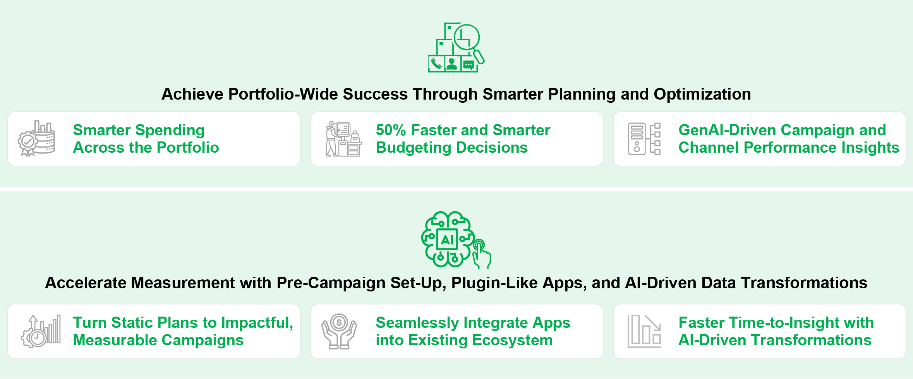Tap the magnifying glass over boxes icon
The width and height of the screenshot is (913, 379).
(x=456, y=47)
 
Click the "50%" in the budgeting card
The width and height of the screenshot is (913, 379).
(x=391, y=130)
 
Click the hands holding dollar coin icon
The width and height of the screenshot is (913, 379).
(x=339, y=331)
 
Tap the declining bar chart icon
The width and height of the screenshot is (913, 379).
(x=644, y=331)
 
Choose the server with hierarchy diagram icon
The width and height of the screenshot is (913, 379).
(x=644, y=139)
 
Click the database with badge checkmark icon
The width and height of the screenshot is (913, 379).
(x=36, y=138)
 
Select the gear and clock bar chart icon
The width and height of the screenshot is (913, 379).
(x=41, y=331)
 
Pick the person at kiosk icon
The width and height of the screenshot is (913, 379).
(x=343, y=139)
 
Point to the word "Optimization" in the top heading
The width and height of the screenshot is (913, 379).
(x=702, y=94)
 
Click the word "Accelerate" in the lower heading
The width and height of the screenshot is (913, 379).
(x=86, y=283)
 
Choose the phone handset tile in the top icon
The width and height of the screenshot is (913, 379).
(x=436, y=64)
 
